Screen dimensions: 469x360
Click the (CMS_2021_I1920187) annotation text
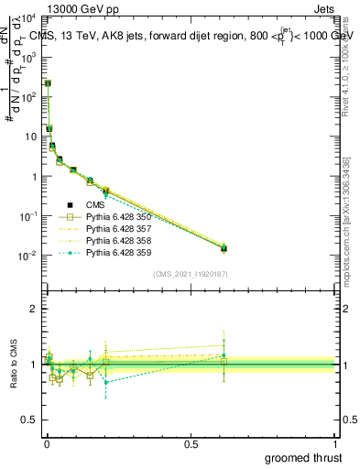pyautogui.click(x=190, y=274)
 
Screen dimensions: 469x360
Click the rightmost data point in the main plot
pyautogui.click(x=224, y=248)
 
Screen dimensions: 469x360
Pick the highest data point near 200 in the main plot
pyautogui.click(x=48, y=83)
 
